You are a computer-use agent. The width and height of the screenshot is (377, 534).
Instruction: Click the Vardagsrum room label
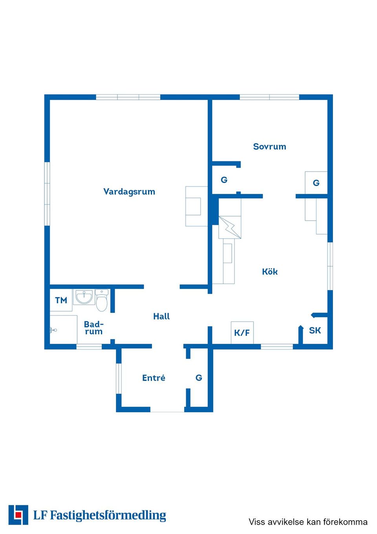129,192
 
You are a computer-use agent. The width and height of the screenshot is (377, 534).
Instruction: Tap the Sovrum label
269,146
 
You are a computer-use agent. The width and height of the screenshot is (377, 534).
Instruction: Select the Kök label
270,272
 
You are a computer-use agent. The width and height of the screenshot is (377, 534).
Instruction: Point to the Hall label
161,316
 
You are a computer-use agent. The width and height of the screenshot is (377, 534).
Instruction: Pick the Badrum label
94,328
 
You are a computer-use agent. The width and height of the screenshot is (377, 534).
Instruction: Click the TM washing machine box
61,300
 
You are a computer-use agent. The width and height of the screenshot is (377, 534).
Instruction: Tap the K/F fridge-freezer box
242,333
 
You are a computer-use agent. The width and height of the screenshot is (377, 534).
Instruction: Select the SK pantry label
315,330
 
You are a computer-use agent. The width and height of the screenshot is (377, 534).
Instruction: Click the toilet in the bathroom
102,300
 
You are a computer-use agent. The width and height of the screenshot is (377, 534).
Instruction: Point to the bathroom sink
84,297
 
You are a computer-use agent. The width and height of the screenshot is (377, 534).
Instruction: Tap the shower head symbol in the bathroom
53,330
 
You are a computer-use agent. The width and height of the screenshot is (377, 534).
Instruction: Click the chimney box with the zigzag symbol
230,227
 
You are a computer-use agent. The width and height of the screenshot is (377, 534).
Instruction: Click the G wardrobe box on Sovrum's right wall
316,182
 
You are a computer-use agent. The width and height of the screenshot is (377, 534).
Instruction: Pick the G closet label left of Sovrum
224,180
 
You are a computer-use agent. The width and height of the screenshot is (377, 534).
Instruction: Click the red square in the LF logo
18,515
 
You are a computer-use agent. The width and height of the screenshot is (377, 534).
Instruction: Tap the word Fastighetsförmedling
108,516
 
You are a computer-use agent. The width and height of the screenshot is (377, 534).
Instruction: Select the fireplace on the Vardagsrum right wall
197,206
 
